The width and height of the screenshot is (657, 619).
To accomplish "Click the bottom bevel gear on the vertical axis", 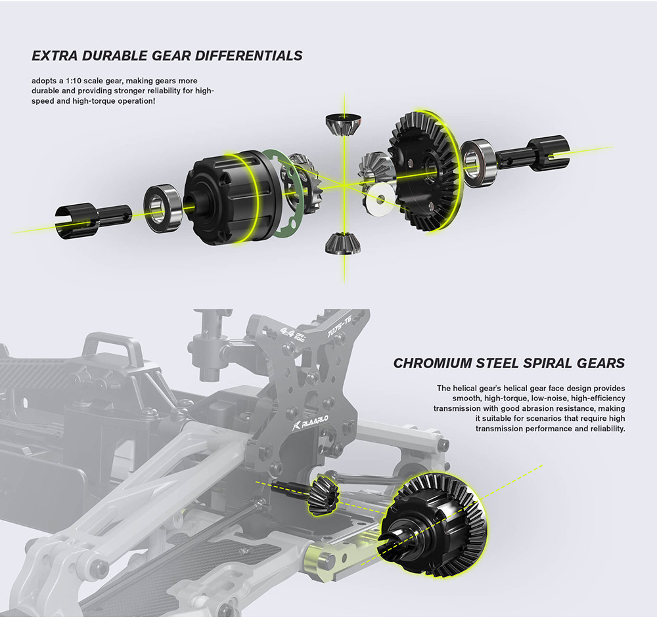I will pyautogui.click(x=342, y=243).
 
